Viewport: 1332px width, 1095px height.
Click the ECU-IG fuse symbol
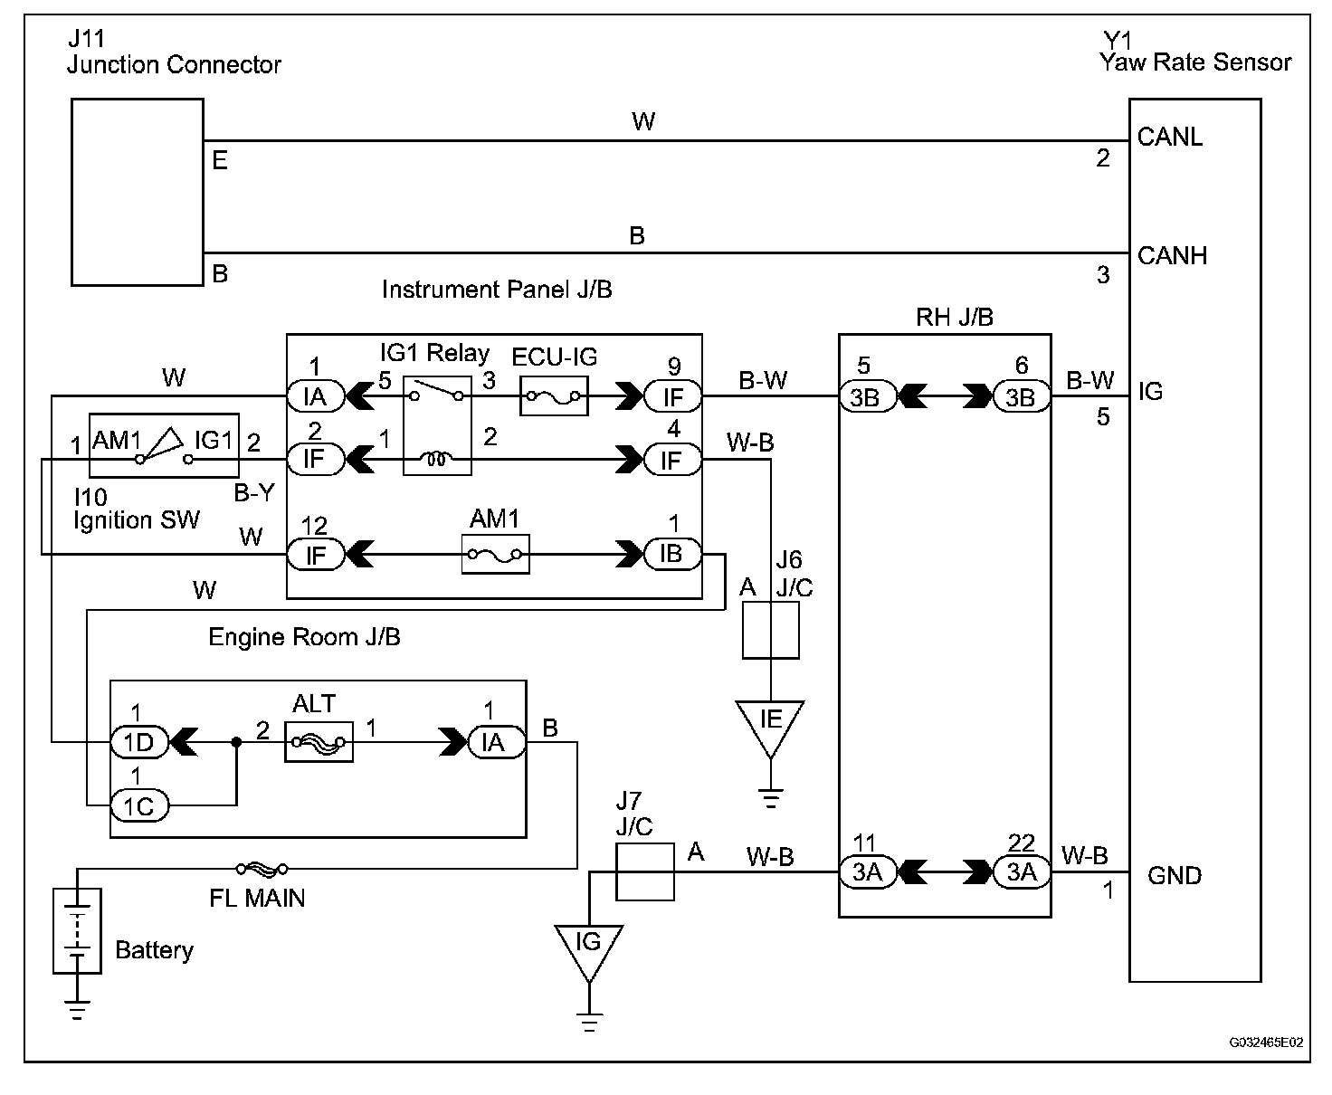click(x=553, y=395)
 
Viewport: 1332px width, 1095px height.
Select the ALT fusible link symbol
click(x=318, y=743)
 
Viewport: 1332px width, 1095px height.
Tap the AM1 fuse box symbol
click(x=495, y=554)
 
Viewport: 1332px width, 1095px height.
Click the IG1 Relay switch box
click(x=437, y=424)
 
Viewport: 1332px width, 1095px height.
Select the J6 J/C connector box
click(x=770, y=631)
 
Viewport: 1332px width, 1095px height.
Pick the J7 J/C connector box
click(x=644, y=871)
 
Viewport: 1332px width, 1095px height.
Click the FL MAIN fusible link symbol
click(x=262, y=869)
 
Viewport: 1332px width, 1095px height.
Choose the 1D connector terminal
click(x=139, y=743)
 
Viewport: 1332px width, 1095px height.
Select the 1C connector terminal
click(x=139, y=805)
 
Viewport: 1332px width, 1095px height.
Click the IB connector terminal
click(x=671, y=554)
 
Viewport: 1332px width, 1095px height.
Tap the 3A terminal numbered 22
click(x=1021, y=872)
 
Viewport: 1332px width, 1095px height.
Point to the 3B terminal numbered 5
click(x=866, y=396)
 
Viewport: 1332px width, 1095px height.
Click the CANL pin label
click(x=1170, y=138)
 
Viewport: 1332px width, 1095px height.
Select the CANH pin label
click(x=1172, y=256)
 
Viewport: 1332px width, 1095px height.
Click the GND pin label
click(x=1174, y=875)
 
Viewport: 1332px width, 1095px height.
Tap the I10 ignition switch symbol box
click(x=163, y=446)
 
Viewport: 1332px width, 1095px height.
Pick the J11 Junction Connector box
click(x=138, y=193)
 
